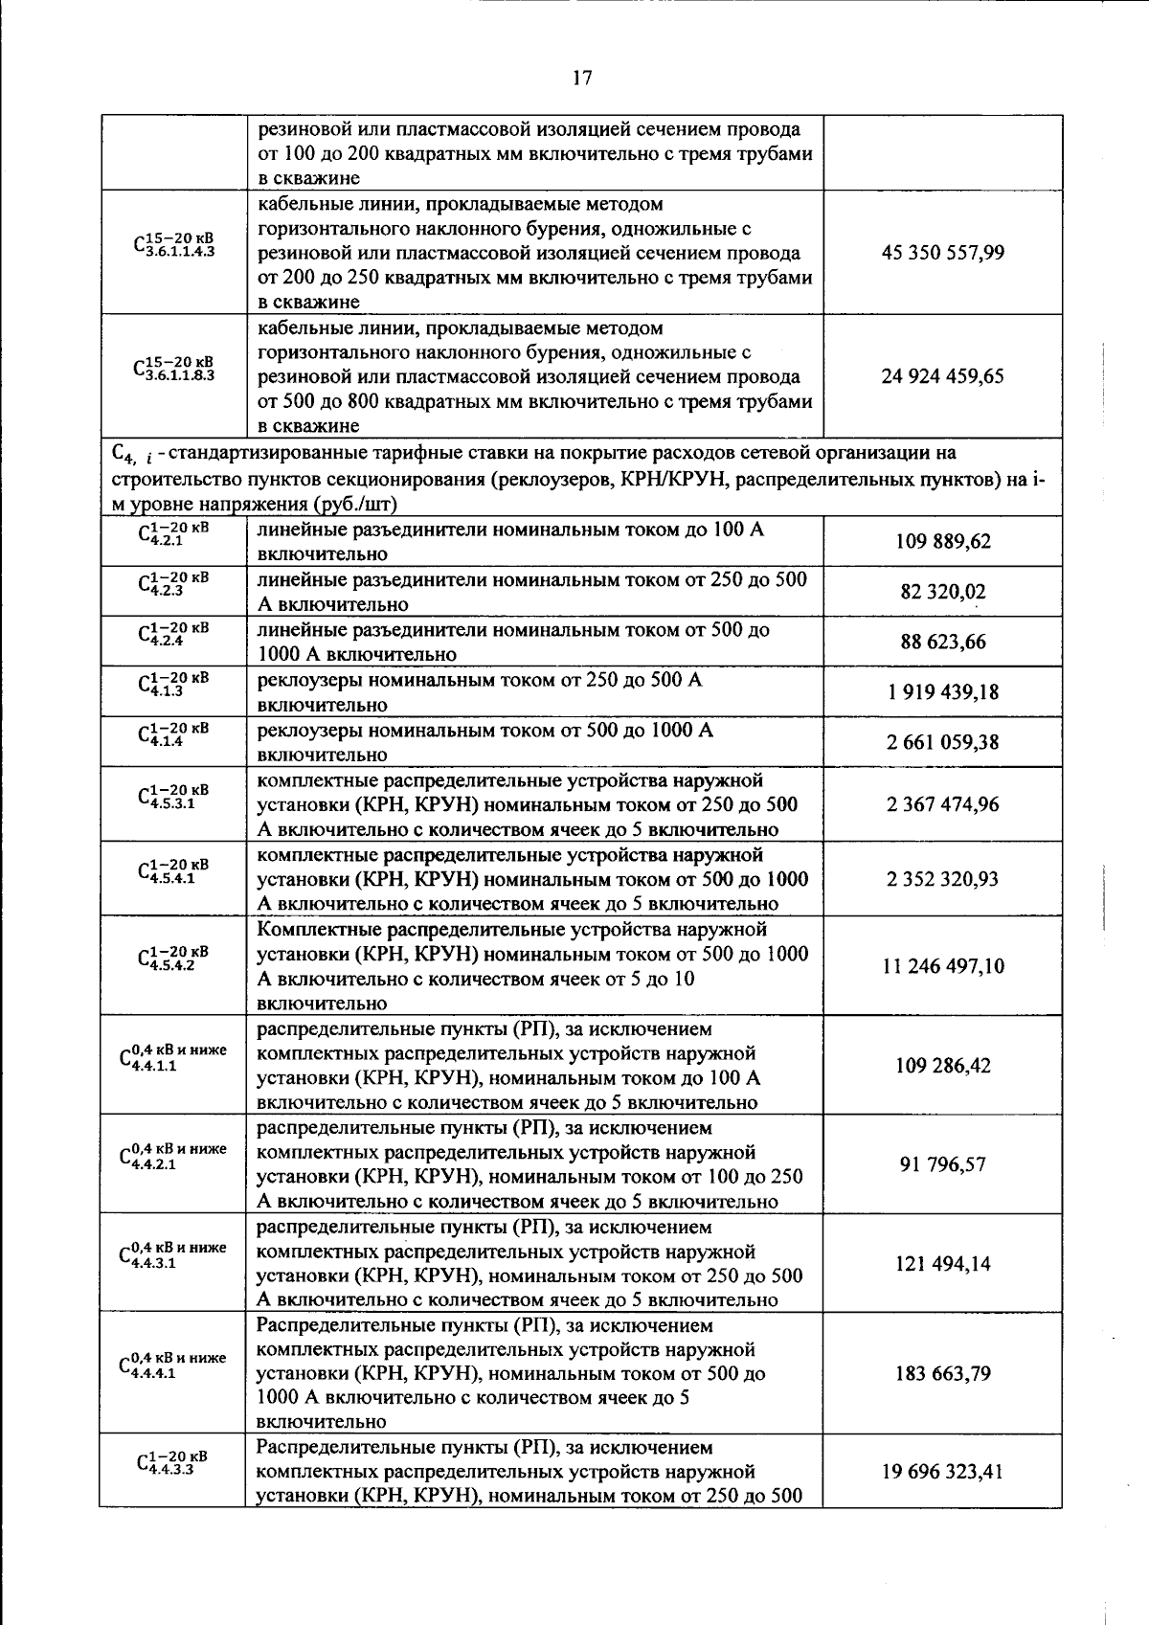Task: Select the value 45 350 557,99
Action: click(942, 253)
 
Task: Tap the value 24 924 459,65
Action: click(942, 376)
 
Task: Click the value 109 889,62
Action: click(942, 542)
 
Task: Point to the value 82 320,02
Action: click(942, 592)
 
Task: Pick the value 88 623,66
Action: click(942, 642)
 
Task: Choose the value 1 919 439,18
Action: click(942, 691)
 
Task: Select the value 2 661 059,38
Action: click(942, 742)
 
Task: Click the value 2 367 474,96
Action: click(942, 804)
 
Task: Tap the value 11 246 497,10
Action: click(942, 966)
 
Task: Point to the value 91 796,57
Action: click(942, 1164)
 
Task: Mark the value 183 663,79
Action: click(942, 1373)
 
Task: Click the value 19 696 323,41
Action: click(942, 1471)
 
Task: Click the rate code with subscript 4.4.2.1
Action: click(173, 1157)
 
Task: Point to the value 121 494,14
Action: click(942, 1264)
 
